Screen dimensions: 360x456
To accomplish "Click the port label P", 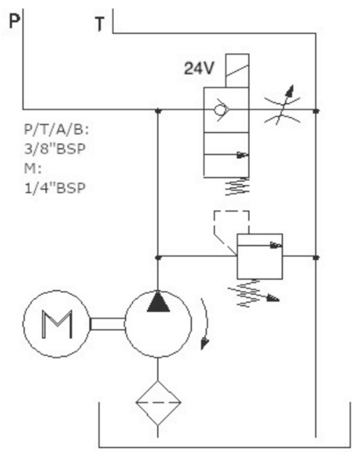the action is tap(14, 21).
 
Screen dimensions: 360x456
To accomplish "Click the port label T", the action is tap(99, 24).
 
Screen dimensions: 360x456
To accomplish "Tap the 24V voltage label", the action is tap(199, 68).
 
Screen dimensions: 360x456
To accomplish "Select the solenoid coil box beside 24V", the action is tap(237, 71).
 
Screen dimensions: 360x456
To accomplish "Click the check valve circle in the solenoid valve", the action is tap(219, 110).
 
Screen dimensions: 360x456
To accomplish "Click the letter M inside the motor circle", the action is tap(57, 325).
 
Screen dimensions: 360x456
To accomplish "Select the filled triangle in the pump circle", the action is tap(158, 302).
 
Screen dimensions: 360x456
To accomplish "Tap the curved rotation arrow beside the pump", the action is tap(205, 323).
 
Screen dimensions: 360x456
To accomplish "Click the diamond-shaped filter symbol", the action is tap(158, 403).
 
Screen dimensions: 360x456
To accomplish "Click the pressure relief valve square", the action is tap(260, 256).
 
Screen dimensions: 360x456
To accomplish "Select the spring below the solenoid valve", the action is tap(237, 186).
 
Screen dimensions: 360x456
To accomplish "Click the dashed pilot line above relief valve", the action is tap(232, 211).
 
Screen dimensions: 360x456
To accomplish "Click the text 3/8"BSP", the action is tap(55, 149).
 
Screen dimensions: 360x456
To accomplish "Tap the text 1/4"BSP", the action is tap(55, 188).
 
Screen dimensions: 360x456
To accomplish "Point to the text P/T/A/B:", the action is tap(56, 129).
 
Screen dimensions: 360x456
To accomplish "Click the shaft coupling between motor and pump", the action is tap(108, 324).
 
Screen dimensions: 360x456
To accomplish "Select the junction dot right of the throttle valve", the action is tap(316, 111).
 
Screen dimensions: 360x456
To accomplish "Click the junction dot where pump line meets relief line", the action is tap(158, 258).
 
